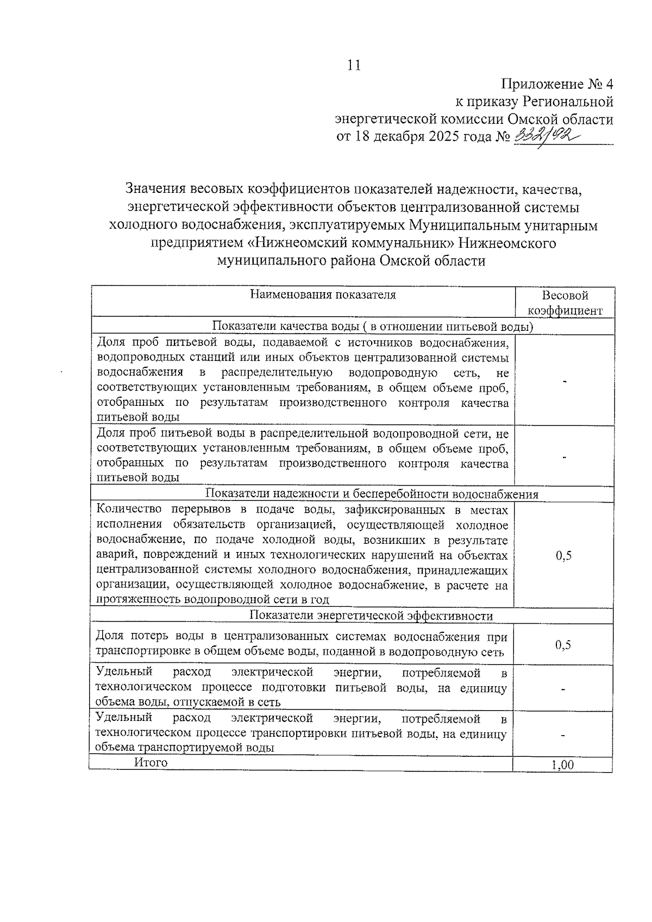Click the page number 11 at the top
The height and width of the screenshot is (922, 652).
tap(354, 65)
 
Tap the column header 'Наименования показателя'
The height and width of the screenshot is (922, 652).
tap(323, 295)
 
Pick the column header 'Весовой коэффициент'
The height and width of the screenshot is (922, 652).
tap(565, 303)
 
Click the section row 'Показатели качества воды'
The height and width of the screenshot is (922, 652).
tap(372, 326)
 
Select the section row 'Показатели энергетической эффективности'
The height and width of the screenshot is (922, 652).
tap(371, 616)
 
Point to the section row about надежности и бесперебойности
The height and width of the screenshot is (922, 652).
tap(372, 494)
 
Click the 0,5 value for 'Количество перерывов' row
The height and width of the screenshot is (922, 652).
tap(563, 555)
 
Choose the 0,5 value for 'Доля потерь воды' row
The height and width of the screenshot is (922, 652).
tap(563, 645)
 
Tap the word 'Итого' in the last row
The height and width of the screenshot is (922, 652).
tap(151, 763)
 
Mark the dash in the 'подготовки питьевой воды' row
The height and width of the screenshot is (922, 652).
tap(563, 690)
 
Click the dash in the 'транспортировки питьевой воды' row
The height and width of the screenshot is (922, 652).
tap(563, 735)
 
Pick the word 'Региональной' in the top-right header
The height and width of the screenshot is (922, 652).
tap(568, 102)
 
